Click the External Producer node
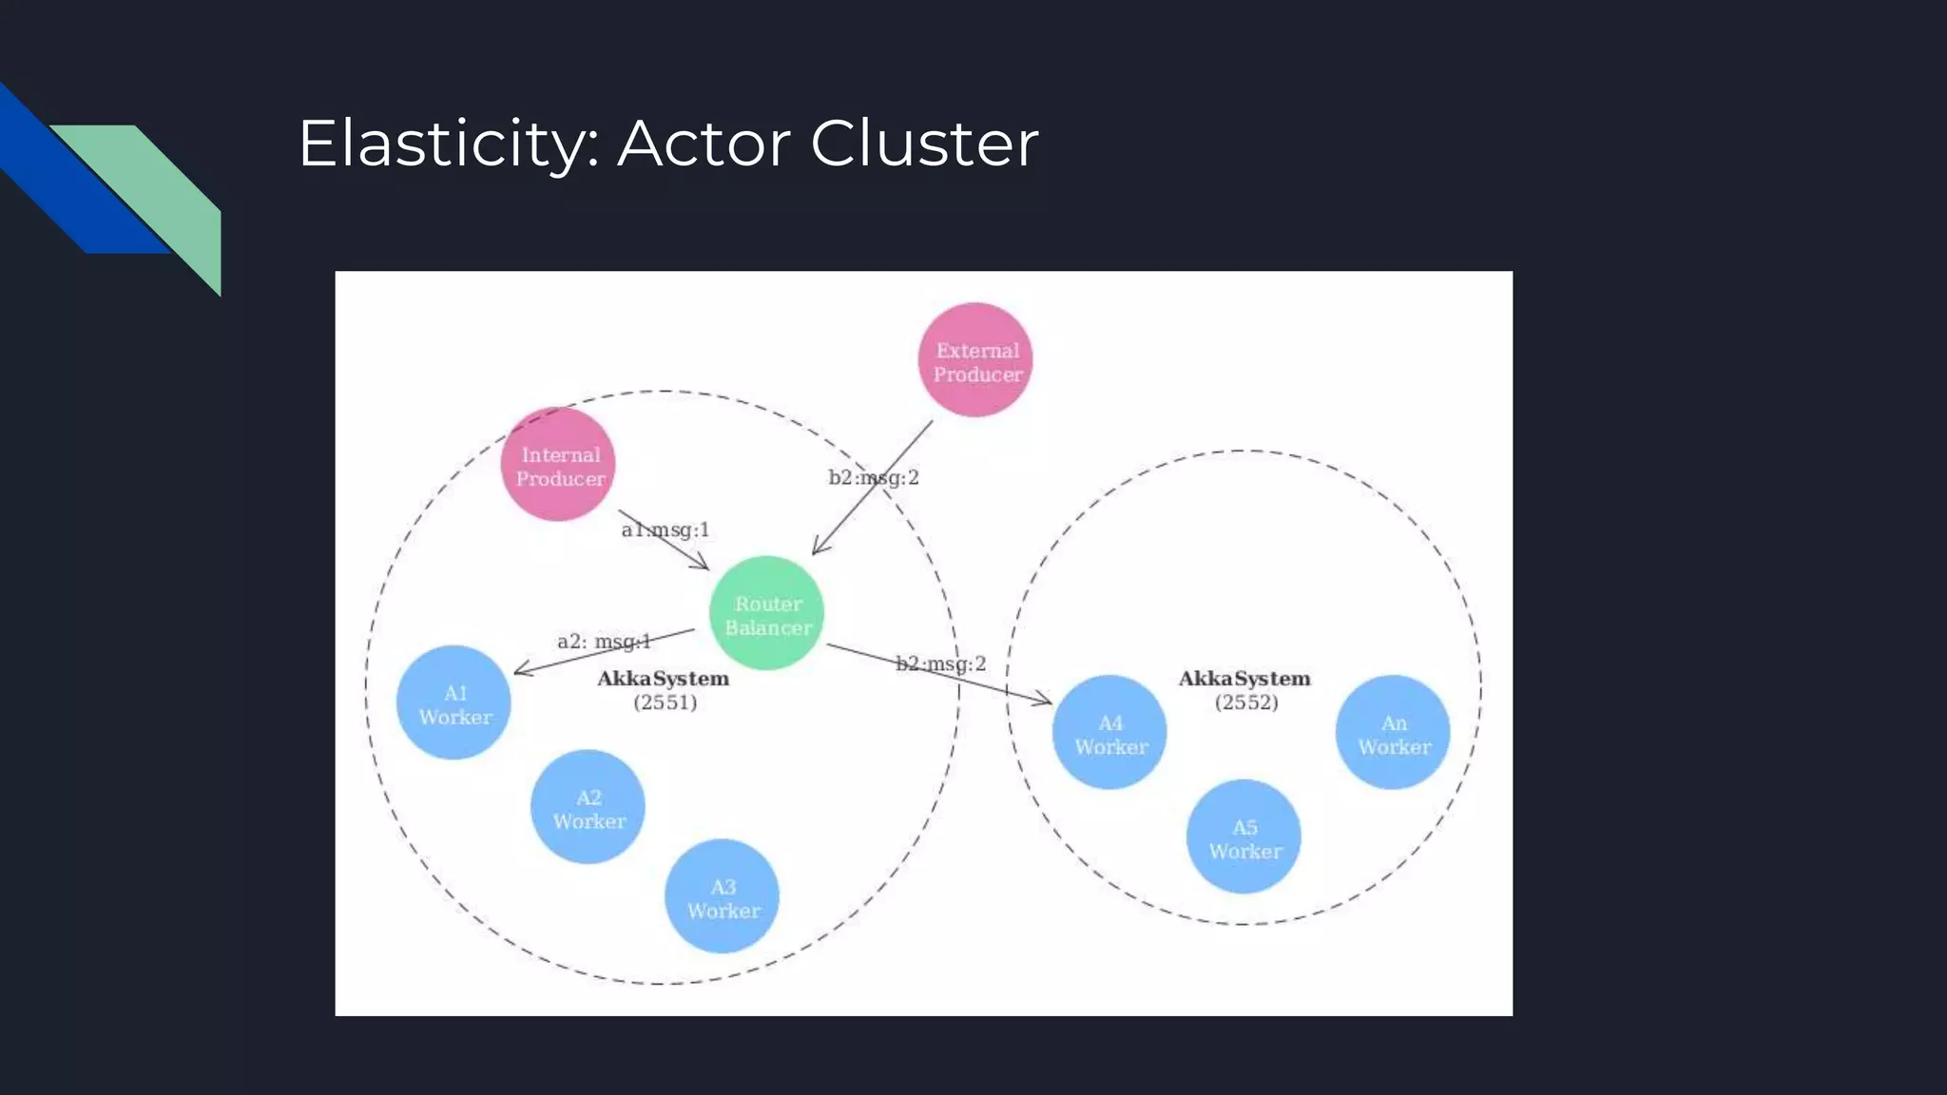coord(975,360)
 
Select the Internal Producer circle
coord(558,465)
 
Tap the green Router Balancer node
coord(766,613)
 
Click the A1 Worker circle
coord(453,702)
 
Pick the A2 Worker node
coord(588,807)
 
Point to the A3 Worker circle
coord(722,896)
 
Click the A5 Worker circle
coord(1243,836)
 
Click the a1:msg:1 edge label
coord(665,529)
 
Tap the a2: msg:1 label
coord(604,642)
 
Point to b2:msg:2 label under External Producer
coord(873,477)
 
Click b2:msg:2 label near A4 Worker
coord(940,663)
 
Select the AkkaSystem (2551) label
coord(664,690)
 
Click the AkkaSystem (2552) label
coord(1244,690)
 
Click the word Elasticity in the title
coord(448,144)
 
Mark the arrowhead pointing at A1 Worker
coord(522,670)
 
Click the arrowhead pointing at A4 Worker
coord(1044,701)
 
